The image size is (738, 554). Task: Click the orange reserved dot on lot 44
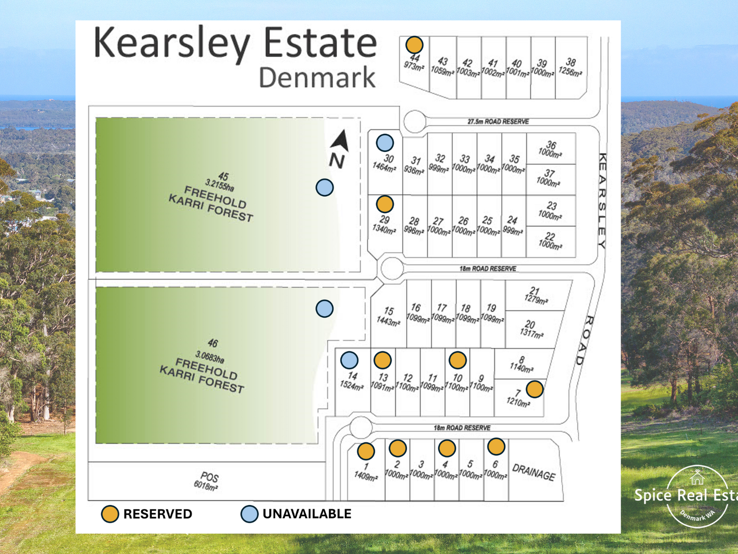(414, 45)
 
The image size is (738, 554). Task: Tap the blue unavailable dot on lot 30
(385, 143)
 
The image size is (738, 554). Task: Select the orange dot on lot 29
(385, 204)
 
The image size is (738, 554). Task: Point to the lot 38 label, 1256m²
(570, 67)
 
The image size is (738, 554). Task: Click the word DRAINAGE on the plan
(534, 472)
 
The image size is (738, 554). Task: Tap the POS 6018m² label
(207, 481)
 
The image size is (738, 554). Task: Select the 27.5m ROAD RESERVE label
(498, 122)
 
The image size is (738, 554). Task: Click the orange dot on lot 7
(534, 389)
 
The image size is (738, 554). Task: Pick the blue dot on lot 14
(349, 360)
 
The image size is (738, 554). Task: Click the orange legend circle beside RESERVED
(110, 514)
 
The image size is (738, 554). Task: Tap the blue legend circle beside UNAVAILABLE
(249, 514)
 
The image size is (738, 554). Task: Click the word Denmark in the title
(317, 78)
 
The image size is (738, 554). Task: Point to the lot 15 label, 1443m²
(388, 316)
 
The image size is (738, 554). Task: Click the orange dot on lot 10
(458, 360)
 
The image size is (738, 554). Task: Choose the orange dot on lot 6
(496, 446)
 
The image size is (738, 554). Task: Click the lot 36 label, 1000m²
(550, 149)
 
